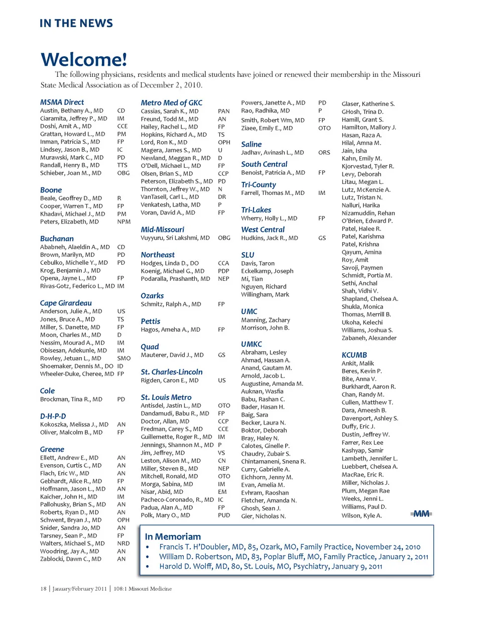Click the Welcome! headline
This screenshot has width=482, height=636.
tap(84, 59)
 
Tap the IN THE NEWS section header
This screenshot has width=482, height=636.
tap(76, 23)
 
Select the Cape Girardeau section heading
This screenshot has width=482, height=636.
tap(66, 303)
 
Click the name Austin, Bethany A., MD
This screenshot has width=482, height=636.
tap(72, 111)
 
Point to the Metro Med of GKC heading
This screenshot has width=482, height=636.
tap(172, 102)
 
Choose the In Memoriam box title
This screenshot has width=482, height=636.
tap(173, 537)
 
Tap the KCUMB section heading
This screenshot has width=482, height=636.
tap(354, 355)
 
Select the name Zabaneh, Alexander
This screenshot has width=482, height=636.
tap(369, 338)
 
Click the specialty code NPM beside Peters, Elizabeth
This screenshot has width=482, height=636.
tap(124, 222)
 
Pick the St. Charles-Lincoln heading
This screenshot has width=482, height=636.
tap(172, 372)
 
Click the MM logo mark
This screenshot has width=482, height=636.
tap(421, 513)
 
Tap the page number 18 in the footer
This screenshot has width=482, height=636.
tap(43, 589)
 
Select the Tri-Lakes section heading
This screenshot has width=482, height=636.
tap(256, 210)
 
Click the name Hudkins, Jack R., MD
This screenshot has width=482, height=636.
tap(270, 238)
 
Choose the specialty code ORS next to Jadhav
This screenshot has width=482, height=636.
tap(324, 153)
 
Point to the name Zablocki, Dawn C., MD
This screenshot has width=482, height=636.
tap(71, 559)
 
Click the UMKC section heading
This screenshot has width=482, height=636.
tap(252, 344)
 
